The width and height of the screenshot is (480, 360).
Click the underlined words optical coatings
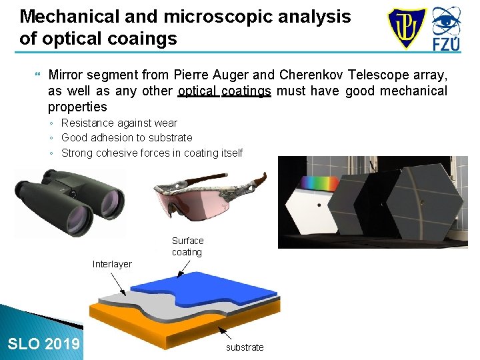coord(224,91)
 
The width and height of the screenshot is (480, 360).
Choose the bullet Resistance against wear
coord(119,123)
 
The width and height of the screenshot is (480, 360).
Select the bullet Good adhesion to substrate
coord(127,137)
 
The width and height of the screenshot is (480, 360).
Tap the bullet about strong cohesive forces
coord(151,153)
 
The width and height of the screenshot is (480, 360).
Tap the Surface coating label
coord(187,246)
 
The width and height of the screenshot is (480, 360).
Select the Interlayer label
coord(112,264)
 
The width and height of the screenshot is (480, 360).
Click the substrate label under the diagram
coord(245,347)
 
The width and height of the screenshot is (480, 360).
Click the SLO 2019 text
coord(43,344)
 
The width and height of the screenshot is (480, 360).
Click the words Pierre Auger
coord(204,74)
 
